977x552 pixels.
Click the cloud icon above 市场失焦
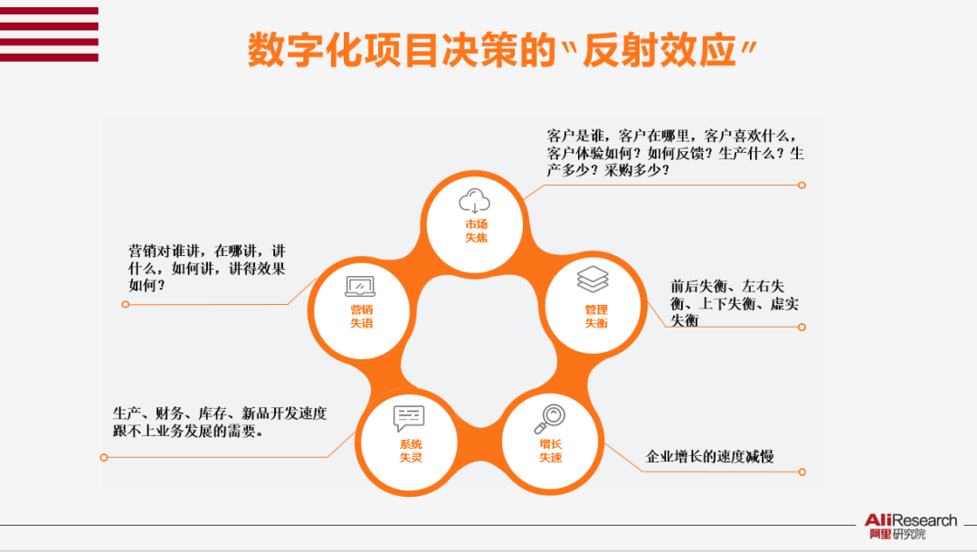coord(475,200)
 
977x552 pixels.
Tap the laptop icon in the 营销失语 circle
coord(360,287)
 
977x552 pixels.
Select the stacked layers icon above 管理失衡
coord(593,279)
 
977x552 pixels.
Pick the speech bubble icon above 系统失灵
coord(409,418)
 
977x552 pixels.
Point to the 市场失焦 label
coord(476,231)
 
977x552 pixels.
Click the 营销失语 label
coord(361,317)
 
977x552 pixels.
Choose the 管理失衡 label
coord(595,317)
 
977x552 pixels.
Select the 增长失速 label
coord(550,451)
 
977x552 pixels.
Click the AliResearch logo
coord(910,526)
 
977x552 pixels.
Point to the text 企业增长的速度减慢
coord(709,456)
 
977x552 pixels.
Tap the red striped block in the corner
coord(49,33)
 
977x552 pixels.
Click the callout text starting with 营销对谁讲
coord(207,267)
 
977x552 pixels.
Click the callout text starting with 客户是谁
coord(675,152)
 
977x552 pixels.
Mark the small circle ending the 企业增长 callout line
coord(802,471)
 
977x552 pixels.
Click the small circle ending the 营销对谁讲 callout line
coord(125,304)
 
